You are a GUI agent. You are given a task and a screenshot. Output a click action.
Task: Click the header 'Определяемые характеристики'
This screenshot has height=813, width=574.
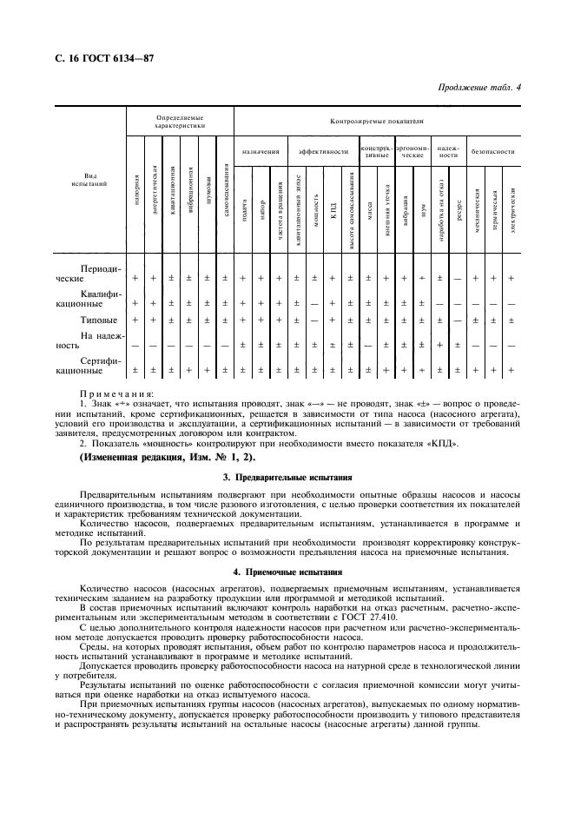(180, 121)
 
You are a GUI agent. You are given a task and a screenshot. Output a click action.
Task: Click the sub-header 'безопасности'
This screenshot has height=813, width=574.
(493, 151)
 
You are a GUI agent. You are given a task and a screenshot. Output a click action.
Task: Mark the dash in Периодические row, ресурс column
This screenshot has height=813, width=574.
(458, 278)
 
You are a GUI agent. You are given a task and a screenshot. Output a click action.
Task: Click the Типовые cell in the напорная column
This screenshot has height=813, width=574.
(135, 321)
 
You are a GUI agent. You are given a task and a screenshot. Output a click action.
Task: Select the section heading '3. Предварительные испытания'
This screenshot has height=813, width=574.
(287, 478)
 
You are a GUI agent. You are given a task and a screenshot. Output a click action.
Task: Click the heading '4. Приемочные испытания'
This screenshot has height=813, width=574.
(287, 572)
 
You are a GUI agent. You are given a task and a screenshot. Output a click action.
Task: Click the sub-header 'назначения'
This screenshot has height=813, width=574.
(261, 151)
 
